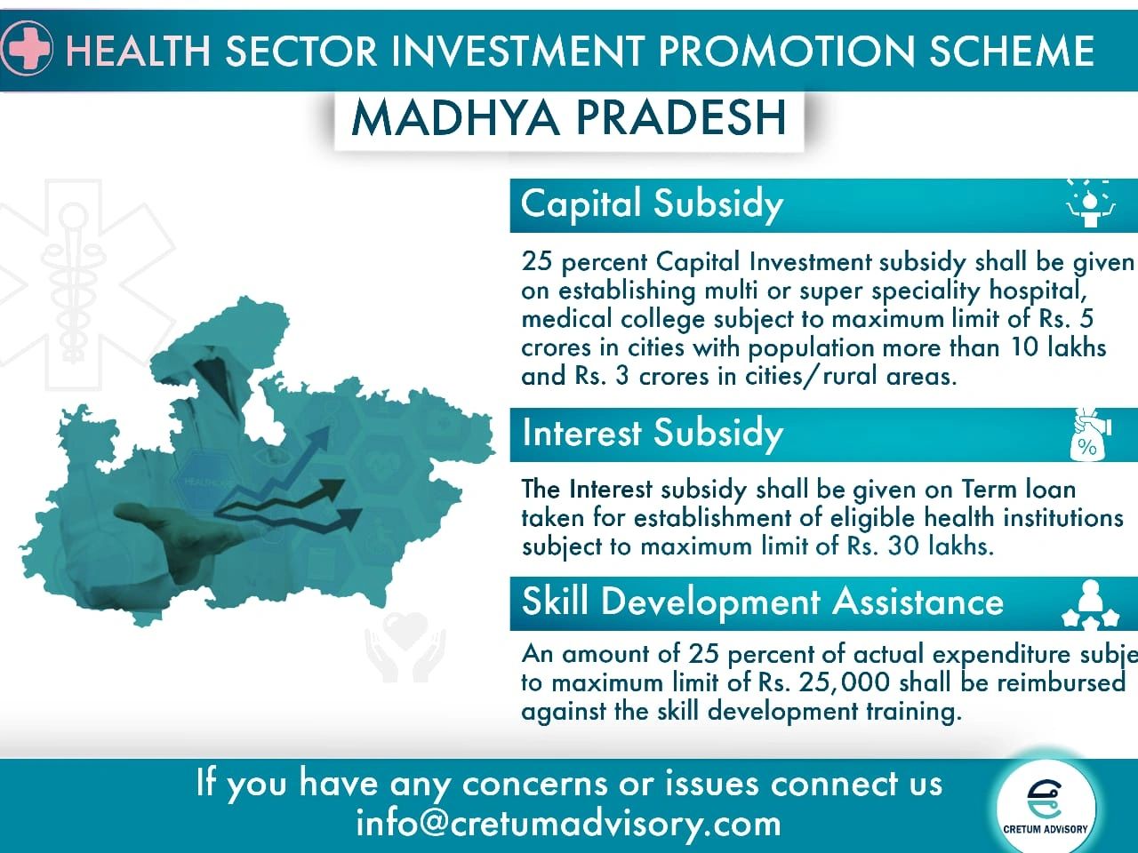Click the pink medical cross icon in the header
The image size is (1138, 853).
coord(26,49)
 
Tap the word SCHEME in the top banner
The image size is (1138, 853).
coord(1012,51)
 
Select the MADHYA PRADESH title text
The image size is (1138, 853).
coord(569,118)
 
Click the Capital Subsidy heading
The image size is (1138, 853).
coord(652,204)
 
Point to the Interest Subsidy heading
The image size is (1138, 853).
coord(653,433)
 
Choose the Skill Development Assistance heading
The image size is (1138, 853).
coord(763,602)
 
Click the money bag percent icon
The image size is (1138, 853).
coord(1089,434)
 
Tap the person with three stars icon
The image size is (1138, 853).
coord(1090,604)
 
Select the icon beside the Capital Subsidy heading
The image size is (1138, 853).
coord(1090,204)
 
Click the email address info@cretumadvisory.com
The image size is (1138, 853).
coord(568,824)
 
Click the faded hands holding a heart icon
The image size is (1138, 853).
coord(405,646)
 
